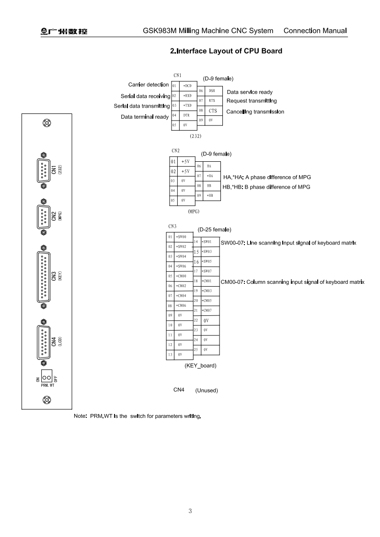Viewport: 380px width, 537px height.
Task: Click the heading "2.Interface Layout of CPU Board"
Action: [x=226, y=51]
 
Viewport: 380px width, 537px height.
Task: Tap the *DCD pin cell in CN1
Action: [x=188, y=86]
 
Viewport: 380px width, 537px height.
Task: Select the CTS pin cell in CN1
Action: [x=213, y=111]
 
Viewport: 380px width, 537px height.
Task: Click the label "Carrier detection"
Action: [x=149, y=85]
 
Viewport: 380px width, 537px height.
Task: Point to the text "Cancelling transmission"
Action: [x=255, y=112]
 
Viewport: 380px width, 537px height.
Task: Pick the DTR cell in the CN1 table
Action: [x=187, y=115]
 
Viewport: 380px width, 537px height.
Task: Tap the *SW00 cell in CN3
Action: [x=182, y=236]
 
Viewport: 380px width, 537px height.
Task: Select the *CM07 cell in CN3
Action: [x=207, y=310]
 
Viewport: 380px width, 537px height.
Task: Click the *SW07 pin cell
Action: [x=207, y=271]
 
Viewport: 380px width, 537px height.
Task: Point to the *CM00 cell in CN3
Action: [x=182, y=276]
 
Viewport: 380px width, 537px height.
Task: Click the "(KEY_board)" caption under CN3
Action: [x=200, y=366]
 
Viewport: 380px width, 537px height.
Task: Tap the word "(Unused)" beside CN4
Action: [x=207, y=391]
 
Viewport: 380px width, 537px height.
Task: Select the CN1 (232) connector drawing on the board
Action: [x=44, y=170]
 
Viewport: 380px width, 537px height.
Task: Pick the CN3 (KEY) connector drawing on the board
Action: [x=44, y=277]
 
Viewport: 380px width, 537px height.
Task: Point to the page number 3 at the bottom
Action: [x=190, y=511]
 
